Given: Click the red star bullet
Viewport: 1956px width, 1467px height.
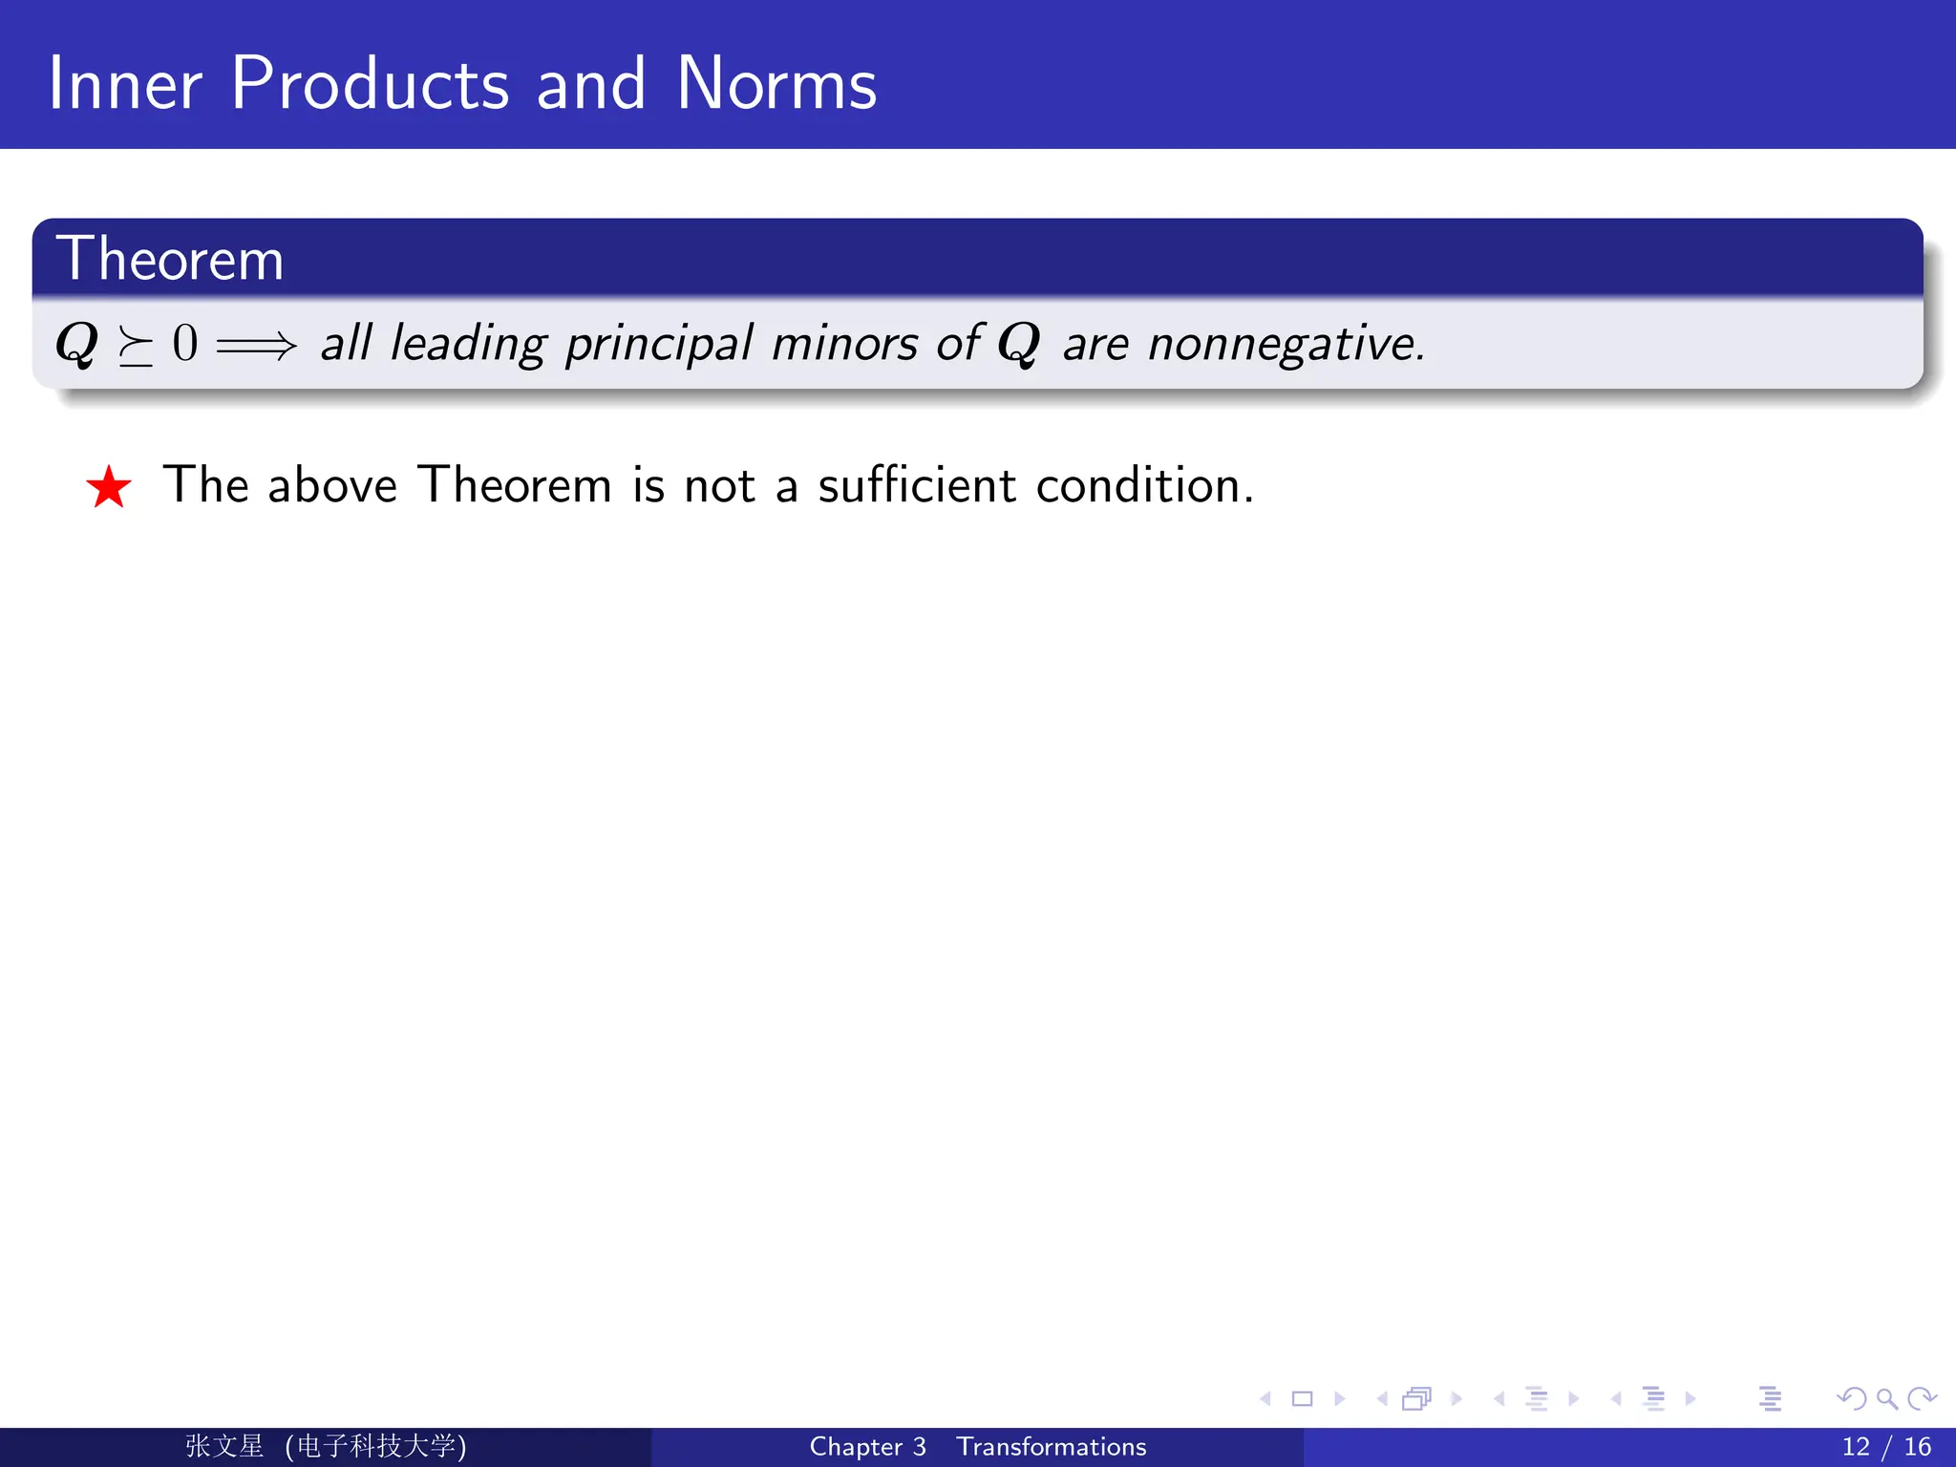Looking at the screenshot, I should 108,487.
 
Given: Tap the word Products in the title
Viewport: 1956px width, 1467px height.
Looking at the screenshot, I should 370,84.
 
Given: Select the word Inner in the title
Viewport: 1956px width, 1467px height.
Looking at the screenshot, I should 124,84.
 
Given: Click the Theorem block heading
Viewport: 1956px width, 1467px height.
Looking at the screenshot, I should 170,259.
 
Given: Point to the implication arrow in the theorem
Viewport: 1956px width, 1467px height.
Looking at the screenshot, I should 256,345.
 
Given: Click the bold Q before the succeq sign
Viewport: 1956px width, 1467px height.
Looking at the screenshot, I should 76,345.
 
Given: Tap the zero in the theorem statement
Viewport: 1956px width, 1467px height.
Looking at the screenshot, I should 185,343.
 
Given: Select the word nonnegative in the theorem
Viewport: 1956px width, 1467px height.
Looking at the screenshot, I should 1286,344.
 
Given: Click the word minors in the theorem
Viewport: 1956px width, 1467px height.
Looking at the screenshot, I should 844,344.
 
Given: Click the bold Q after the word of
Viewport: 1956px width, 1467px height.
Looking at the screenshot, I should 1018,345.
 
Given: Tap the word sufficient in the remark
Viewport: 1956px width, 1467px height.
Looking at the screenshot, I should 917,484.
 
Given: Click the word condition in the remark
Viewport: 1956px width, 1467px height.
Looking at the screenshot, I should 1143,484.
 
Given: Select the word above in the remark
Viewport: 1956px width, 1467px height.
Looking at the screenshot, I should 332,484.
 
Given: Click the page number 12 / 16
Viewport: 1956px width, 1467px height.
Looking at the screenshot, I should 1885,1447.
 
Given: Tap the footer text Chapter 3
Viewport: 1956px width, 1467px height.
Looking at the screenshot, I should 867,1447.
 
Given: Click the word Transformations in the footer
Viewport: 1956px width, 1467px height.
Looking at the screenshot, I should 1051,1447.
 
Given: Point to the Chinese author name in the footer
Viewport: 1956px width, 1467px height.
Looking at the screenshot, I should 224,1446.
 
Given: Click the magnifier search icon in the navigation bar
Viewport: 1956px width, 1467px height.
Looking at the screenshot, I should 1886,1399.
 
